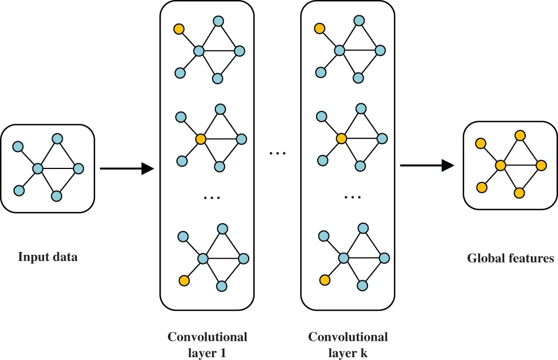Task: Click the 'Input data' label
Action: coord(47,257)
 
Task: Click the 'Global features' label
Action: coord(510,259)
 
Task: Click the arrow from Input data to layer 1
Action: coord(127,168)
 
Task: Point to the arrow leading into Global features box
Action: coord(427,165)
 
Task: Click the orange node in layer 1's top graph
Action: coord(179,29)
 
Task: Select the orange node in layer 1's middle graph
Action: coord(200,138)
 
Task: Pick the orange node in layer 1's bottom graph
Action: coord(183,280)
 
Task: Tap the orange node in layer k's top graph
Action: coord(319,28)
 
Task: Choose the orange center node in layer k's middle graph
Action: coord(341,138)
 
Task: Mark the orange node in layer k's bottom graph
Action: coord(324,280)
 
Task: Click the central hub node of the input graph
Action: coord(38,168)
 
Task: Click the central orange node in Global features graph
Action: coord(500,166)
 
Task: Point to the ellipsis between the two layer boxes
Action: coord(278,153)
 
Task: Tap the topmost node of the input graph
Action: coord(57,138)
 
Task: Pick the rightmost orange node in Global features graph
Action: coord(541,166)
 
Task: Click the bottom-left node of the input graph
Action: coord(19,190)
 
